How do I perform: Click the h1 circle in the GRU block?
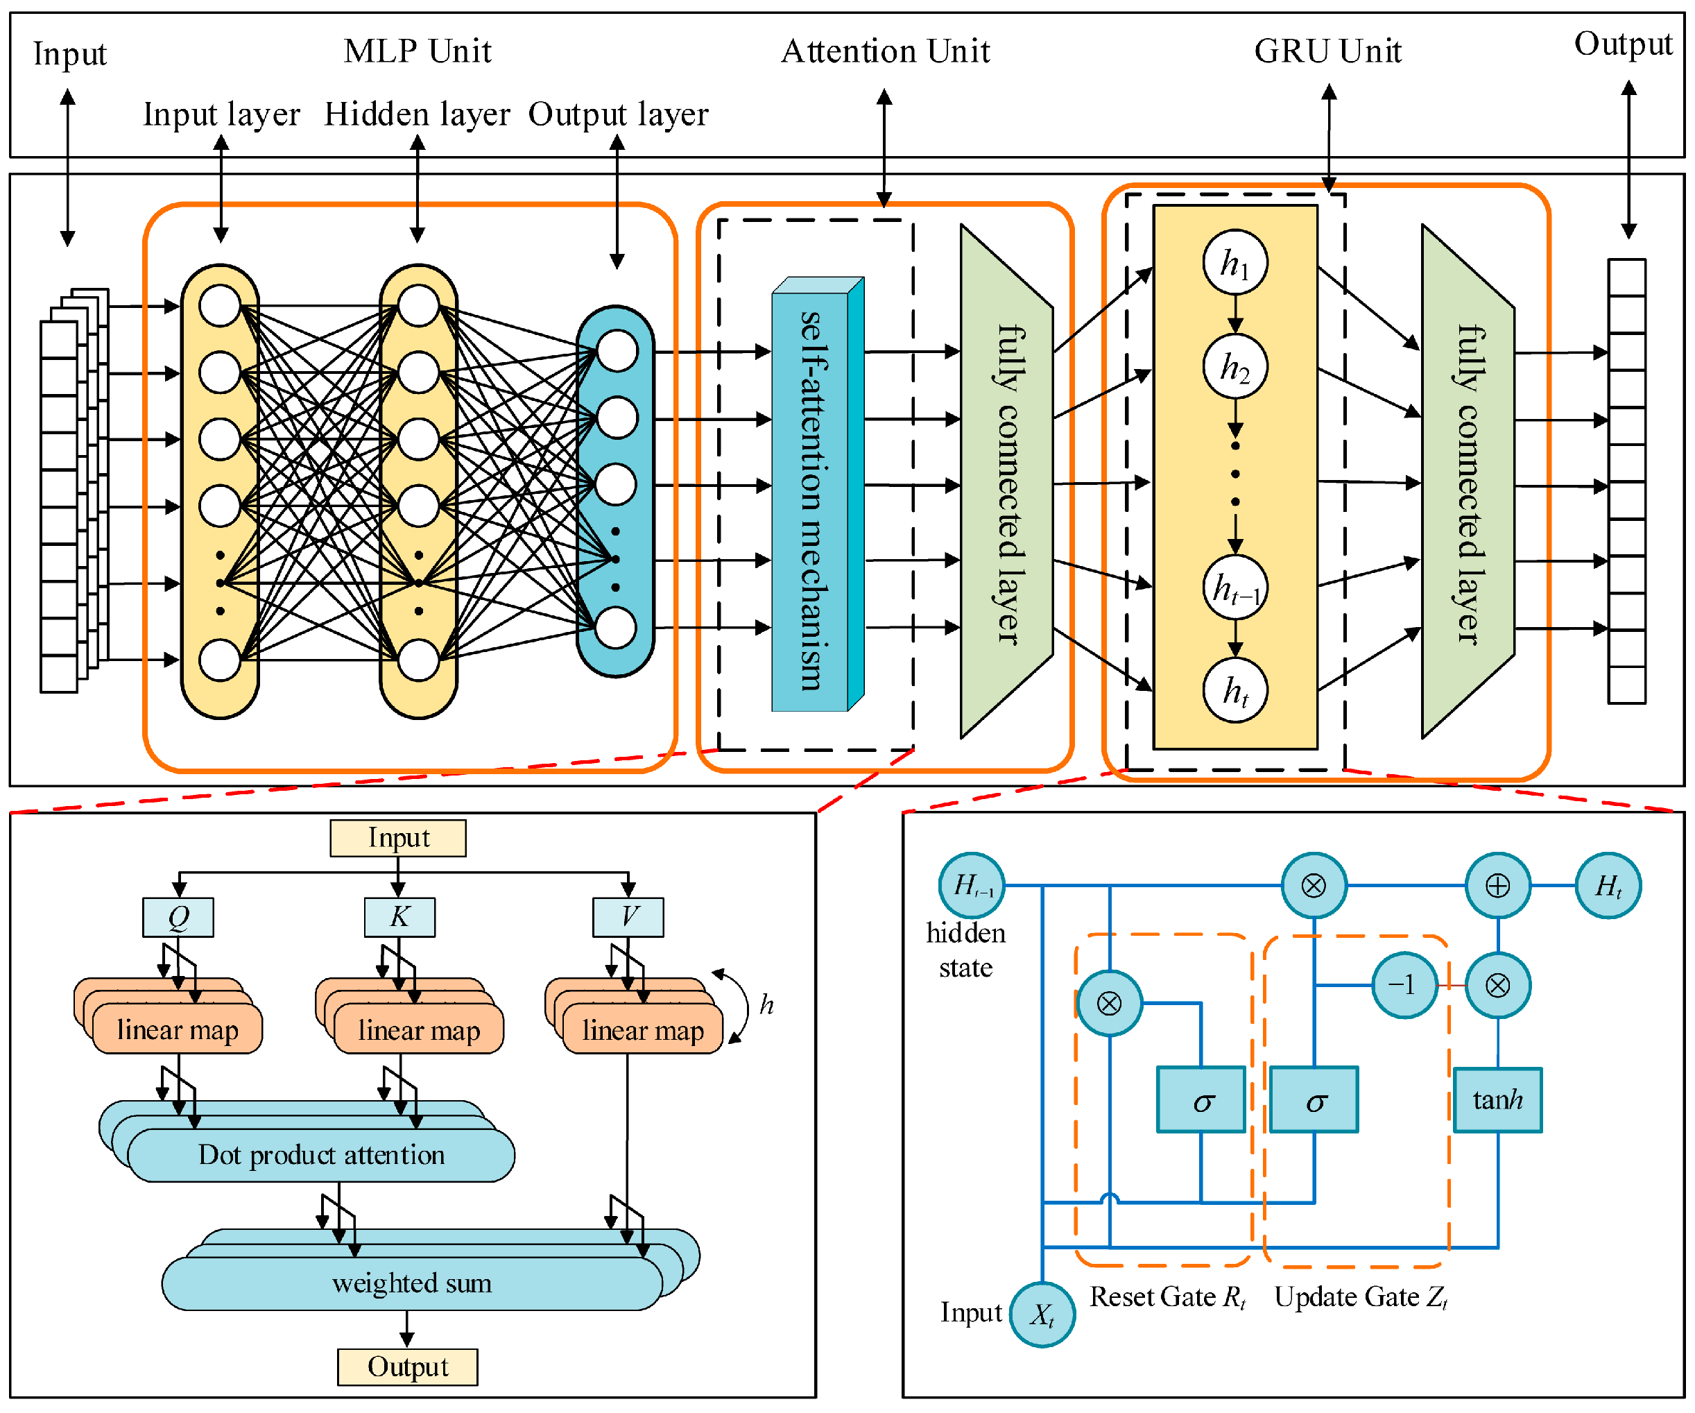pyautogui.click(x=1235, y=262)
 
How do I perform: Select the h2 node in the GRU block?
pyautogui.click(x=1235, y=366)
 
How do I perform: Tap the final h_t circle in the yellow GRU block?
pyautogui.click(x=1235, y=690)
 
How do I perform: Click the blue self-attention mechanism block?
pyautogui.click(x=818, y=494)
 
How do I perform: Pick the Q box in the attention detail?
pyautogui.click(x=178, y=917)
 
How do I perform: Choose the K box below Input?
pyautogui.click(x=399, y=917)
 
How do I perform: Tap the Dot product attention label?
pyautogui.click(x=321, y=1156)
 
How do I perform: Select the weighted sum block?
pyautogui.click(x=412, y=1283)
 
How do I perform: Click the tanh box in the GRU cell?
pyautogui.click(x=1498, y=1099)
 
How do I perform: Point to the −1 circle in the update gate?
pyautogui.click(x=1405, y=985)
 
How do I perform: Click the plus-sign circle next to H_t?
pyautogui.click(x=1498, y=886)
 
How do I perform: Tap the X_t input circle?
pyautogui.click(x=1043, y=1314)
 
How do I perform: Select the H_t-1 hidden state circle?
pyautogui.click(x=972, y=886)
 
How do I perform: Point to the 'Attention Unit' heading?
pyautogui.click(x=886, y=51)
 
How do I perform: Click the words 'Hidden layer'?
pyautogui.click(x=418, y=114)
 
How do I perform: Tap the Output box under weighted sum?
pyautogui.click(x=408, y=1367)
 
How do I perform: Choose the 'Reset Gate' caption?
pyautogui.click(x=1153, y=1296)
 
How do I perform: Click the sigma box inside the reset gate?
pyautogui.click(x=1201, y=1099)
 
